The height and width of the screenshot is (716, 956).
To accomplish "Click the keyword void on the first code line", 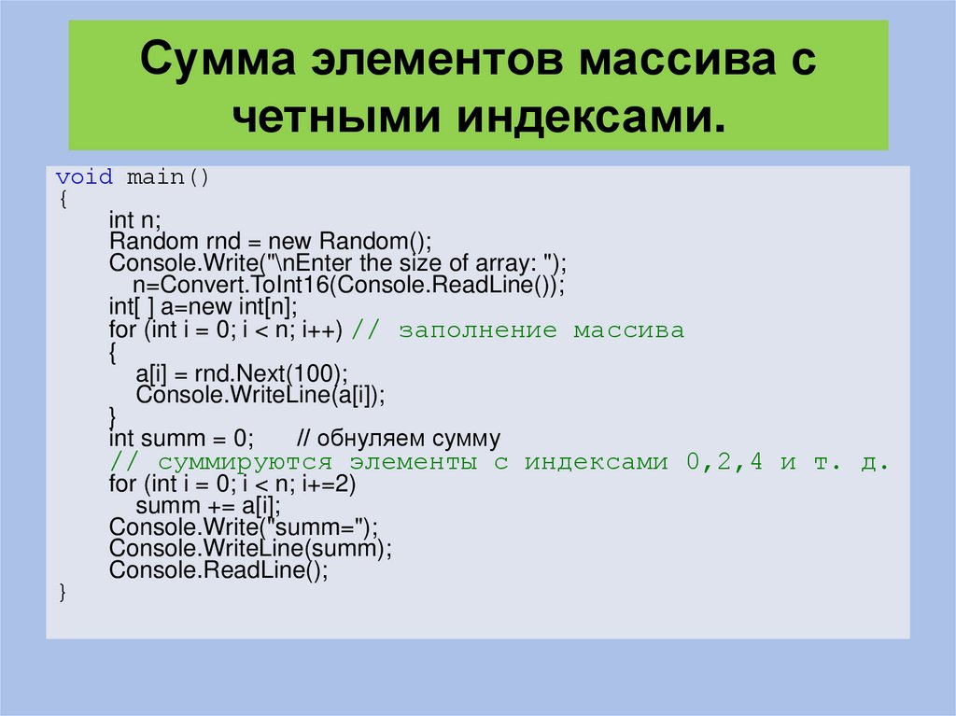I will click(84, 177).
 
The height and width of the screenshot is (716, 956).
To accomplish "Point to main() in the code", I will click(168, 177).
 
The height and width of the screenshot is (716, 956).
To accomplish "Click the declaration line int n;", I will click(135, 220).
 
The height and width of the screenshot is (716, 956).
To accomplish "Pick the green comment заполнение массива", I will click(541, 330).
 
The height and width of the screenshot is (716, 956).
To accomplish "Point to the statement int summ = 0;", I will click(181, 439).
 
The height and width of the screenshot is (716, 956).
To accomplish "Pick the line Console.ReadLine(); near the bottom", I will click(218, 570).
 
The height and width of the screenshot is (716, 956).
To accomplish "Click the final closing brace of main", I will click(62, 592).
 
